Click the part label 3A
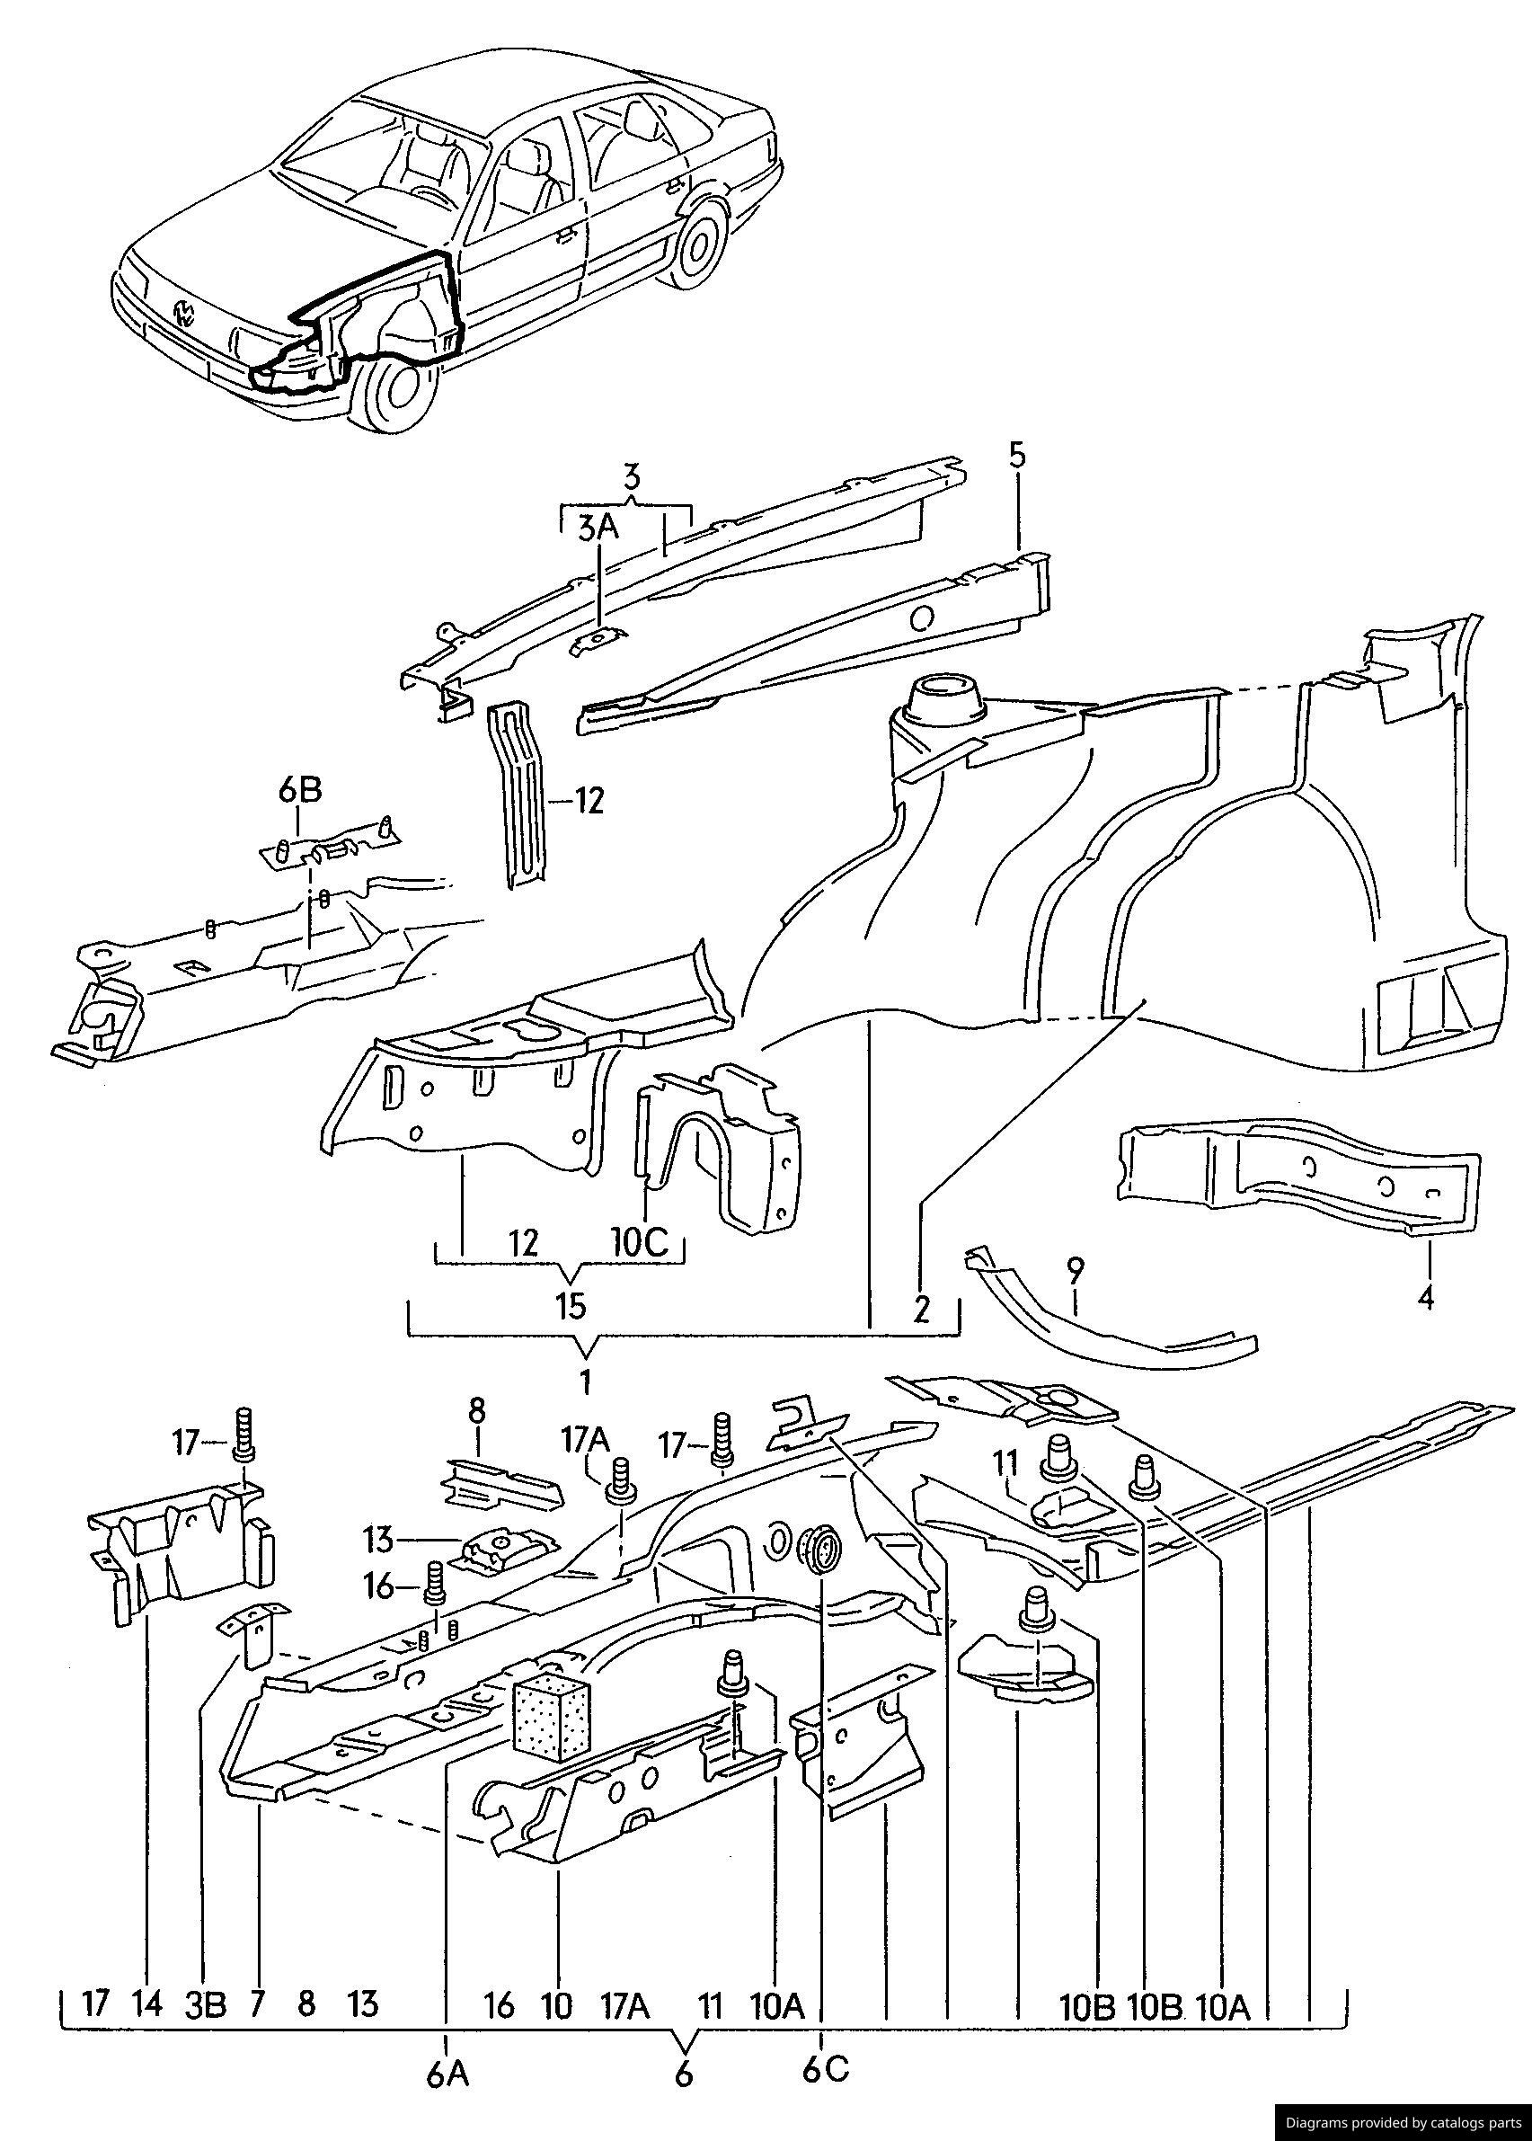[x=598, y=529]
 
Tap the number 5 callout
[x=1016, y=456]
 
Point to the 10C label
[x=640, y=1243]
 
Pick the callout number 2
[x=922, y=1309]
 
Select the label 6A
[x=447, y=2073]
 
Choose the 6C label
[x=826, y=2068]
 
